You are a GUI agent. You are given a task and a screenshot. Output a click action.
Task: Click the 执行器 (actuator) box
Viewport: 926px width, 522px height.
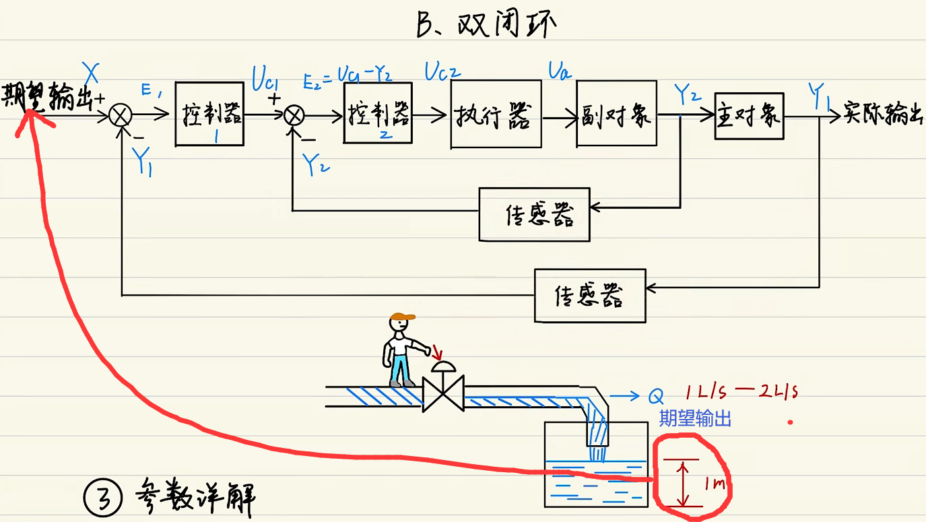pos(496,115)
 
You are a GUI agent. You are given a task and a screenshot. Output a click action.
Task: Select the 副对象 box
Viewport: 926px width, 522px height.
pos(616,114)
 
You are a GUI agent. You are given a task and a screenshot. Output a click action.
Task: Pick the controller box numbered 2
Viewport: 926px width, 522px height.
pos(377,114)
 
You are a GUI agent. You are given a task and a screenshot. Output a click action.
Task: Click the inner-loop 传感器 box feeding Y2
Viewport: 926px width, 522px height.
pos(534,214)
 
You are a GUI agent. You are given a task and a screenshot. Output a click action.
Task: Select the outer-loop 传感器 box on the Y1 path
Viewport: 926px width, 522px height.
pos(589,295)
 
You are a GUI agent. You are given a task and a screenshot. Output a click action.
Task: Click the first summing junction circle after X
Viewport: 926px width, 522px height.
pos(121,117)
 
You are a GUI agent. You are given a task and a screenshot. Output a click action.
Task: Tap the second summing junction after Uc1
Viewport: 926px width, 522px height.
pos(294,117)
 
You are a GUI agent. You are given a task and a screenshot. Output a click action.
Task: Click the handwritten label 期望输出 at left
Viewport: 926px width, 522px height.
pos(47,97)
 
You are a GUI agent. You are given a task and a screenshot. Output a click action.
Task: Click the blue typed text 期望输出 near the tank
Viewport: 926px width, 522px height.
pos(694,418)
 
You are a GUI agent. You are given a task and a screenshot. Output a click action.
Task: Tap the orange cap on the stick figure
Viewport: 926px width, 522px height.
pos(402,317)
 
